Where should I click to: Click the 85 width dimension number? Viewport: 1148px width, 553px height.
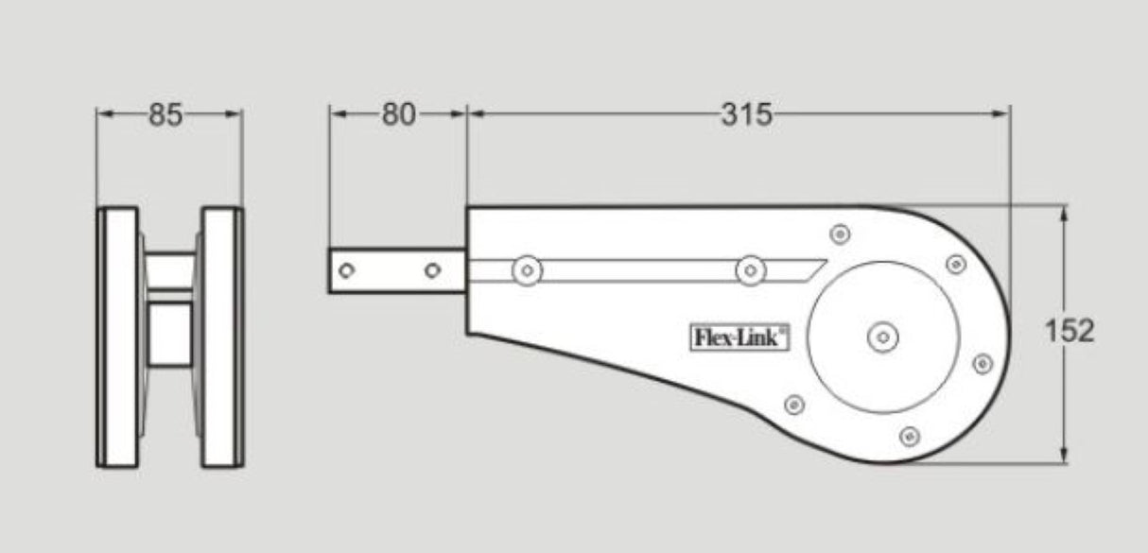point(166,115)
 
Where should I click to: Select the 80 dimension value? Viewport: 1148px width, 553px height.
point(398,115)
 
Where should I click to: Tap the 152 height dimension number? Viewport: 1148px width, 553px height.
point(1070,332)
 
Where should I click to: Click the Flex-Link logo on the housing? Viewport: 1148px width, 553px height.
point(736,336)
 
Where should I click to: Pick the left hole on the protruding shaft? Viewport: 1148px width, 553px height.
point(348,271)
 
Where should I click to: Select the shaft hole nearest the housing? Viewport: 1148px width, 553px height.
point(432,271)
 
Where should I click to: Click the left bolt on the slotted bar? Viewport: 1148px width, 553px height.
point(528,271)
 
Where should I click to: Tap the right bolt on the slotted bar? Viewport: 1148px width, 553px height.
point(750,271)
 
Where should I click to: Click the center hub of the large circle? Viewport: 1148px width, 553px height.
point(882,336)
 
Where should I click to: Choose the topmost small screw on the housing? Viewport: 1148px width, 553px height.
point(839,233)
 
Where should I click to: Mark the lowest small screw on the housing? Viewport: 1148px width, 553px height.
point(911,435)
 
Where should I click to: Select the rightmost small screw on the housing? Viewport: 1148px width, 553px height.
point(982,363)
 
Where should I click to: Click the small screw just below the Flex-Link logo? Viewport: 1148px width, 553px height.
point(794,404)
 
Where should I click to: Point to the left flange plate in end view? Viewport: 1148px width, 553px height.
point(119,336)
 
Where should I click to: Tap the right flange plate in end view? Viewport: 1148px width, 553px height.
point(221,336)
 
